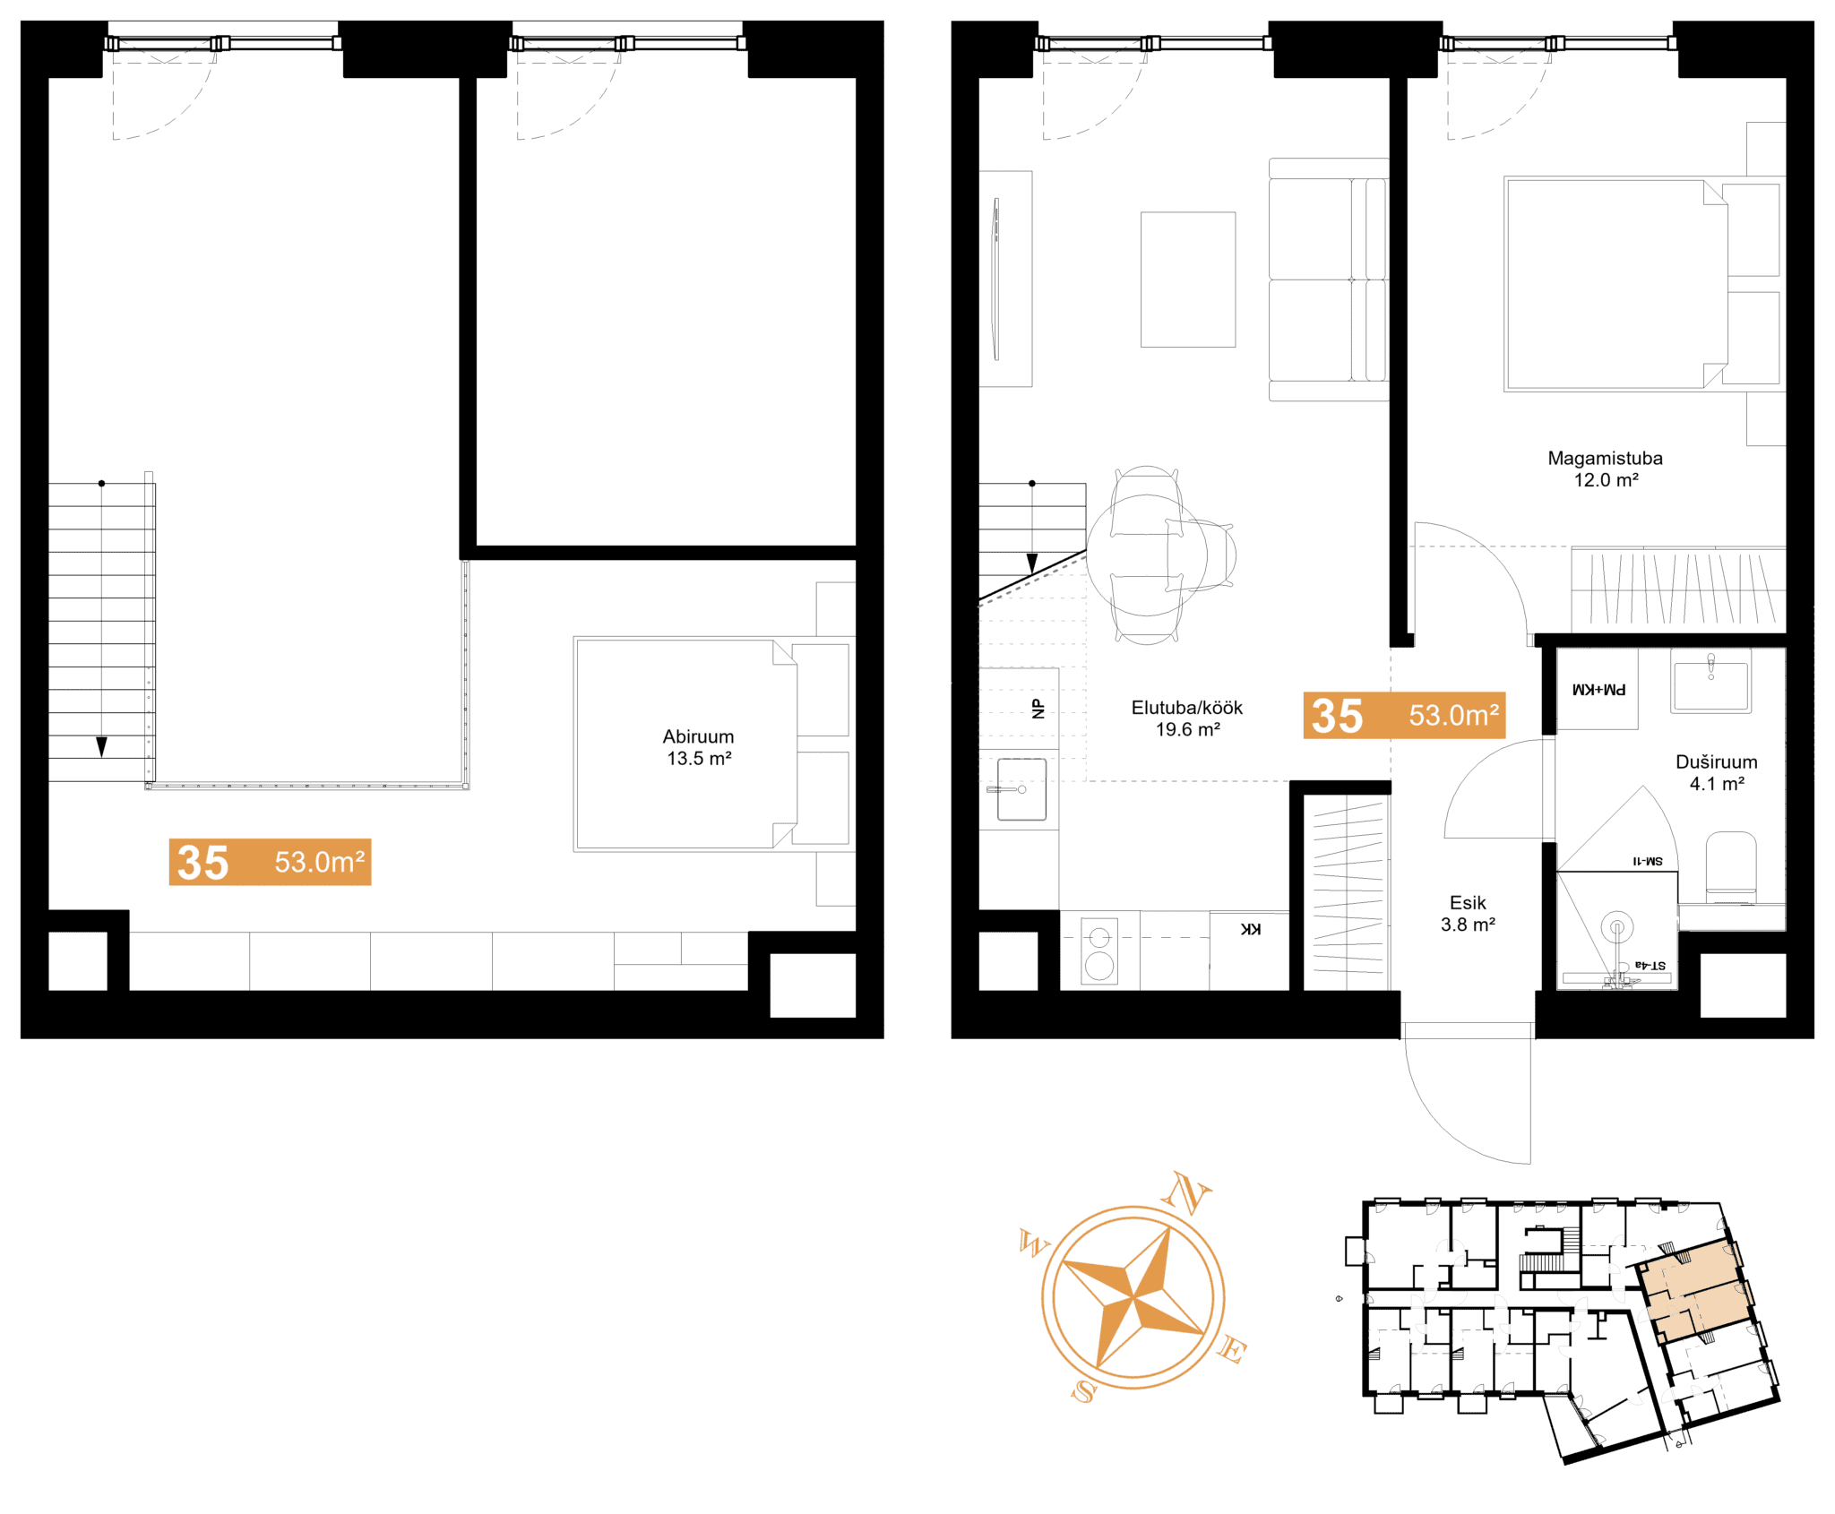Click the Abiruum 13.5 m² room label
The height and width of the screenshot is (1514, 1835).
click(698, 747)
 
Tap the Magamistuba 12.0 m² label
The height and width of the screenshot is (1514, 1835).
click(1605, 469)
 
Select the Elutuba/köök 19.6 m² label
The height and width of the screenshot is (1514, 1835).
click(1187, 718)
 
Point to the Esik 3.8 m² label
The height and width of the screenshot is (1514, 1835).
click(1468, 913)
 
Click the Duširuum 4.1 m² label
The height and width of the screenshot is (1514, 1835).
click(1716, 772)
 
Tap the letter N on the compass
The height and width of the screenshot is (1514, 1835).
click(1187, 1192)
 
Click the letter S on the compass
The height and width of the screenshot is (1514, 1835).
click(1084, 1390)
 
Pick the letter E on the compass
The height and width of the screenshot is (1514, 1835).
click(1232, 1349)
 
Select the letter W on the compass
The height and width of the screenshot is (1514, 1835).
click(1034, 1243)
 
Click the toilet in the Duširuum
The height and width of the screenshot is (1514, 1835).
click(1730, 867)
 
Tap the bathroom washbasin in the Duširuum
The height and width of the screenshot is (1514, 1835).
click(1710, 686)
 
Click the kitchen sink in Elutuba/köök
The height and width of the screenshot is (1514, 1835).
click(1021, 789)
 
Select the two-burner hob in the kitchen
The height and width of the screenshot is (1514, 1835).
click(1099, 951)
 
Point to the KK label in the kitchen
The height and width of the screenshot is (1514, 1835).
click(1251, 929)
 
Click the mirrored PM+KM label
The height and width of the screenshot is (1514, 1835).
click(1599, 690)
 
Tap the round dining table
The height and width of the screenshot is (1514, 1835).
click(1147, 555)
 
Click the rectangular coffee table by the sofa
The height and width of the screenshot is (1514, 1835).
click(1188, 280)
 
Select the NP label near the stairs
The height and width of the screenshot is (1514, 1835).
click(1038, 709)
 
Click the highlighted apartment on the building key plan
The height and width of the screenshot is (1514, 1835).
click(1691, 1287)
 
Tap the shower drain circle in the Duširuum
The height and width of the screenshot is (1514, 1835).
click(1617, 927)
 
